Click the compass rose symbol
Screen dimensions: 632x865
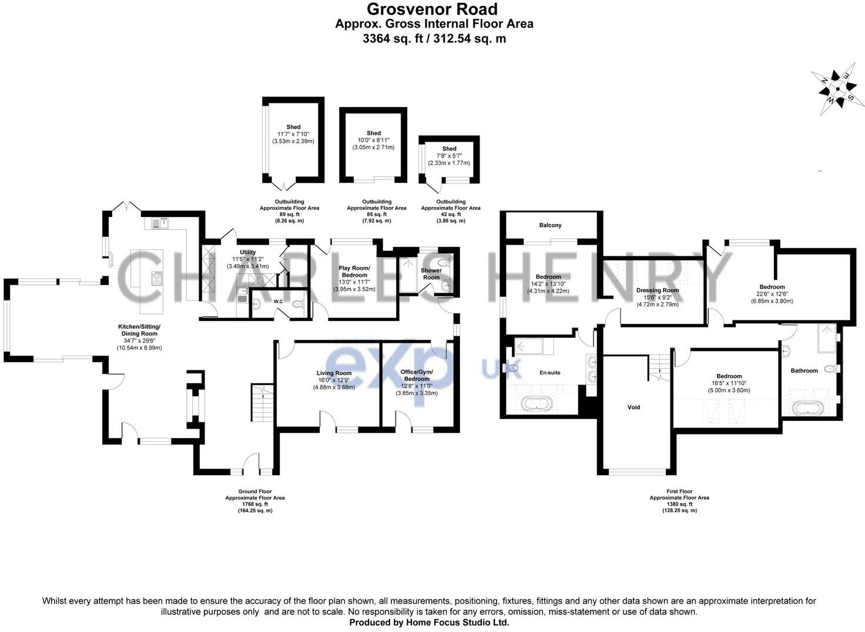[x=835, y=89]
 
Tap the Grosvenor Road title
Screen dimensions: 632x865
[x=432, y=9]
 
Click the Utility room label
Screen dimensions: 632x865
[x=247, y=252]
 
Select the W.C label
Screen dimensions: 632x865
[x=279, y=302]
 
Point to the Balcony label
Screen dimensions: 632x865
[x=550, y=225]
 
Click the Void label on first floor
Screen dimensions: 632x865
[x=633, y=407]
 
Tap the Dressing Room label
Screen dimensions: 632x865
[x=657, y=290]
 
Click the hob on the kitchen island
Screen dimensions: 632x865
[x=157, y=279]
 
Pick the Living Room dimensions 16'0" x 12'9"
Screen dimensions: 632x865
[x=334, y=380]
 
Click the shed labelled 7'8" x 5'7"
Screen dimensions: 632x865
[x=449, y=156]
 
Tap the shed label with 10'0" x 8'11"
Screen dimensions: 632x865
[x=374, y=140]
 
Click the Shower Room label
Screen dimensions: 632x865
[x=431, y=274]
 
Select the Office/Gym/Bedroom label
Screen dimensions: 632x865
[x=415, y=375]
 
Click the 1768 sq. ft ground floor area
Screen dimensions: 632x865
[x=255, y=504]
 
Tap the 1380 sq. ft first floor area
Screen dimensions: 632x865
[x=679, y=504]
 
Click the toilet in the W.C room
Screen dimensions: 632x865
[x=298, y=304]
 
